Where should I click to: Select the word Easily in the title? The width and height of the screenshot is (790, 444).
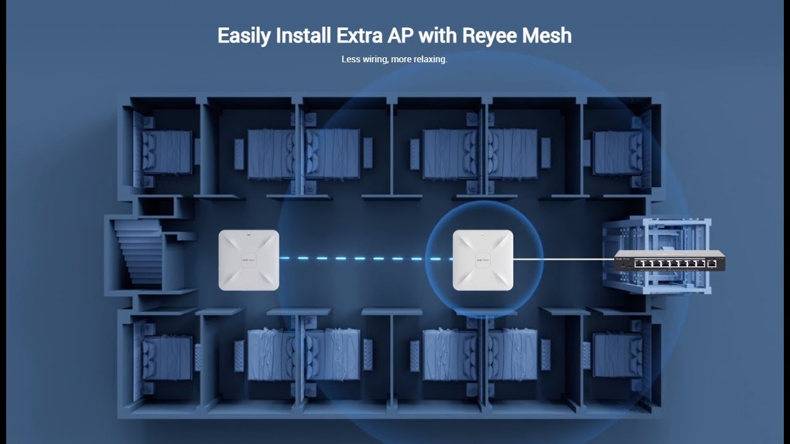[244, 36]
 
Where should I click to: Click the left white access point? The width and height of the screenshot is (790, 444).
[249, 260]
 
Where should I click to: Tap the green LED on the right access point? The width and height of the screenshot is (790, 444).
[483, 234]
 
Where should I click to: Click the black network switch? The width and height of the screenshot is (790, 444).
[670, 262]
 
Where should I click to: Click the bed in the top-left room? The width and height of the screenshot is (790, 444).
[167, 152]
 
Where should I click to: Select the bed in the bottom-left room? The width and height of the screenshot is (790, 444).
[167, 358]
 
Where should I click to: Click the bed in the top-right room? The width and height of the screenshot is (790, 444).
[614, 152]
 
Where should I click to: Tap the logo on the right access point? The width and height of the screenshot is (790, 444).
[483, 260]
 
